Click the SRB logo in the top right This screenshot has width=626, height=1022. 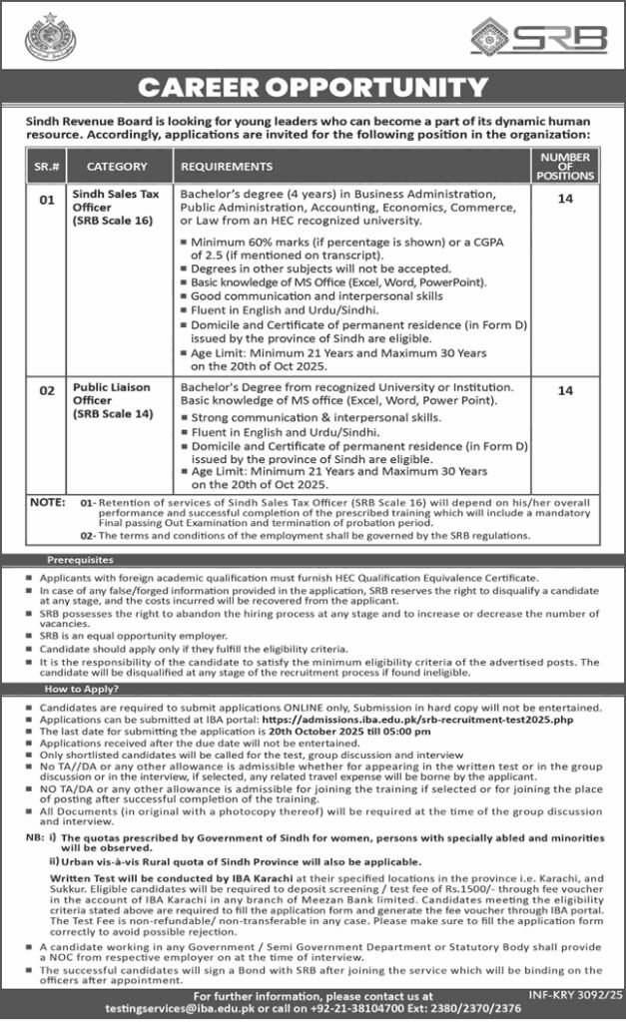tap(539, 38)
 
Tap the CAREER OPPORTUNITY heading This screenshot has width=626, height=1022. tap(313, 90)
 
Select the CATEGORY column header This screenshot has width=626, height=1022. tap(117, 167)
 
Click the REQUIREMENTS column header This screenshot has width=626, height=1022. tap(227, 167)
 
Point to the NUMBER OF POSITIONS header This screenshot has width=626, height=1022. tap(565, 167)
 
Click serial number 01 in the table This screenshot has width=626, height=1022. tap(45, 200)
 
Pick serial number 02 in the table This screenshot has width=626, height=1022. tap(45, 390)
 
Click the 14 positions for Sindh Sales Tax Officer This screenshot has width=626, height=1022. tap(565, 200)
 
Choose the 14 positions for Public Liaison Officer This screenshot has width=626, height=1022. tap(565, 390)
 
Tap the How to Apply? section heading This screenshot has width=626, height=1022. tap(82, 689)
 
